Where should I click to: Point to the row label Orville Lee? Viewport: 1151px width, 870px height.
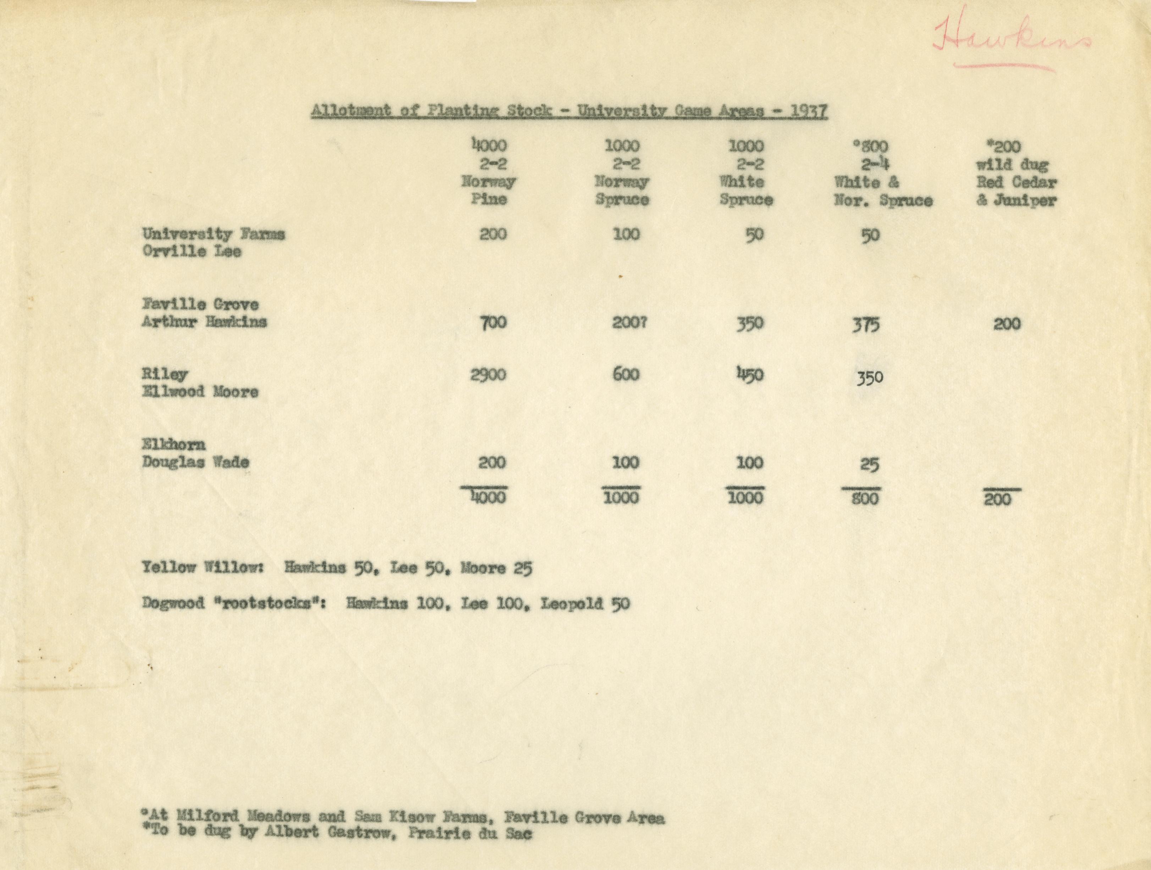[192, 252]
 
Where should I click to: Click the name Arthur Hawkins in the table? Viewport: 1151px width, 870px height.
[204, 322]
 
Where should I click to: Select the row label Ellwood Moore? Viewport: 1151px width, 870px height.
[200, 392]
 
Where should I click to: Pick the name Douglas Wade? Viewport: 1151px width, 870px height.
[195, 462]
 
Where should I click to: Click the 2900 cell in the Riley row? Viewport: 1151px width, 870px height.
[488, 375]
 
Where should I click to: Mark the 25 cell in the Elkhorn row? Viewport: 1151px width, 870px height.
[869, 464]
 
